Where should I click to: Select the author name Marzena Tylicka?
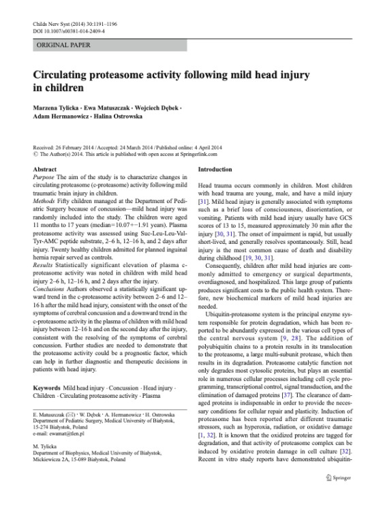(x=57, y=106)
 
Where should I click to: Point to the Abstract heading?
(x=44, y=168)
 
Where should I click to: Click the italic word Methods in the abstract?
(x=46, y=204)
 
